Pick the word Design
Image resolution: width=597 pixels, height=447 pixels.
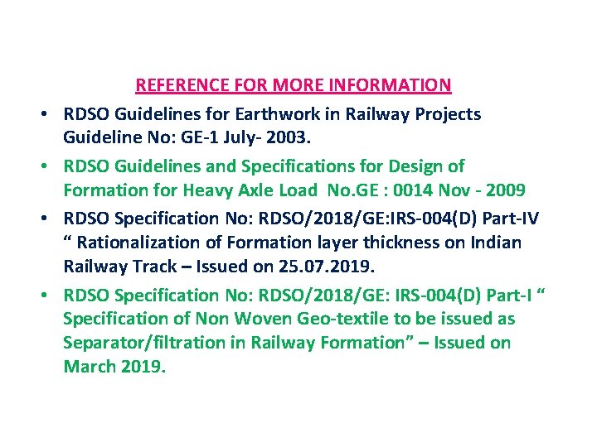419,166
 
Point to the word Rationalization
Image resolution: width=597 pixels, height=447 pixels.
143,243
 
